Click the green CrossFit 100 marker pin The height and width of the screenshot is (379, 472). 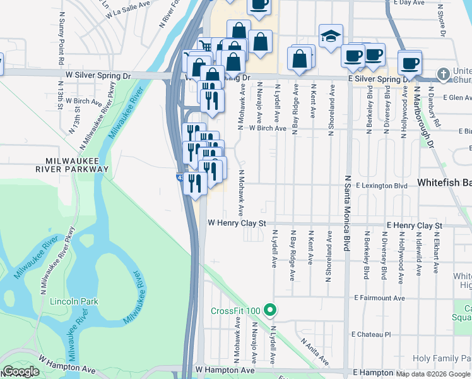pyautogui.click(x=270, y=310)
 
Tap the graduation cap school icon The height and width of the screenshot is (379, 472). pyautogui.click(x=330, y=37)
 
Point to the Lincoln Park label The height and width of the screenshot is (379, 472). pyautogui.click(x=74, y=301)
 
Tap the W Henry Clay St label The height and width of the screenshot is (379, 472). pyautogui.click(x=237, y=224)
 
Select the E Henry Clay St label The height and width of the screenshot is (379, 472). pyautogui.click(x=414, y=226)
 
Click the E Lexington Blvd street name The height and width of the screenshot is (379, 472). pyautogui.click(x=381, y=186)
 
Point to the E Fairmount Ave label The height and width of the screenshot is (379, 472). pyautogui.click(x=379, y=298)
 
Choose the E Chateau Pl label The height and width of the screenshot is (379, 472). pyautogui.click(x=371, y=334)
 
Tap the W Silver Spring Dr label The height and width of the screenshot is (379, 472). pyautogui.click(x=98, y=76)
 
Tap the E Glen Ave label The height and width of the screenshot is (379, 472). pyautogui.click(x=457, y=98)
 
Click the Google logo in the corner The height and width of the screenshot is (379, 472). pyautogui.click(x=21, y=371)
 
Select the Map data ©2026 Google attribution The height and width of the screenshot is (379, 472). pyautogui.click(x=436, y=374)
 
